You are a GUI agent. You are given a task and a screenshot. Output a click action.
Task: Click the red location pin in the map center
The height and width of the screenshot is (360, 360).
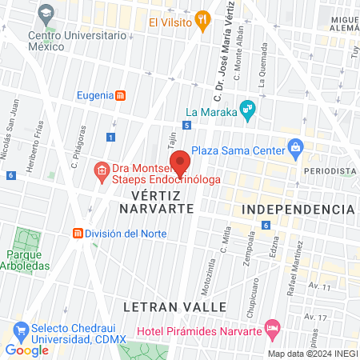tap(181, 162)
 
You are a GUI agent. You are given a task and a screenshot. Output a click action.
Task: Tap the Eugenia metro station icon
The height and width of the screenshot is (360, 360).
tap(120, 96)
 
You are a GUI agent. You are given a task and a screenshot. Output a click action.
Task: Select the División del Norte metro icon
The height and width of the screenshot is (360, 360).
tap(78, 234)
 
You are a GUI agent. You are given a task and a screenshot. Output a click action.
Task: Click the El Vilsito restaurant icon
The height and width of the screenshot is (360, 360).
tap(204, 22)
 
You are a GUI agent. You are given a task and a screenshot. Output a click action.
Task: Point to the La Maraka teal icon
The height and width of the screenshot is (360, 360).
tap(248, 110)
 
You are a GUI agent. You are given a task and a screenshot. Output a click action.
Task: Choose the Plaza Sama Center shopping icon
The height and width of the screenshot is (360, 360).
tap(296, 148)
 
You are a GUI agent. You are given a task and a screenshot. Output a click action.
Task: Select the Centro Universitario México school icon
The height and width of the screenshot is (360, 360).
tap(46, 14)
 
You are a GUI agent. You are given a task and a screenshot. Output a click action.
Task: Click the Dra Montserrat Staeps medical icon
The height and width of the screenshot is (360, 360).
tap(102, 170)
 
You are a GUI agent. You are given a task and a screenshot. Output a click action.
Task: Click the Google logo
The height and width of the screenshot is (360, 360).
tap(26, 350)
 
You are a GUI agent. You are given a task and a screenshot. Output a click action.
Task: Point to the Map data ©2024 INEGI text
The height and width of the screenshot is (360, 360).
tap(311, 354)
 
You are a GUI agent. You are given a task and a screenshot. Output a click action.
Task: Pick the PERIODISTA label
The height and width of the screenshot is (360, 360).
tap(329, 171)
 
